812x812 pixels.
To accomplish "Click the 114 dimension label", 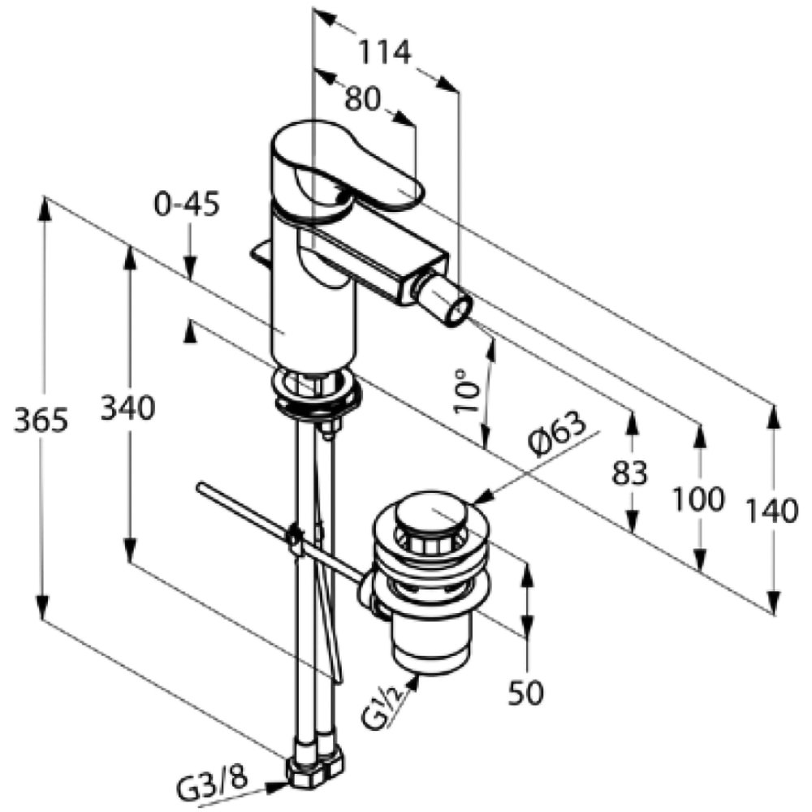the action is point(385,52).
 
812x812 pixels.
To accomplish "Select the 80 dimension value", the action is point(362,98).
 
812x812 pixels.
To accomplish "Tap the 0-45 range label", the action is point(187,204).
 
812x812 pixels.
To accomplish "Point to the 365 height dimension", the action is point(41,420).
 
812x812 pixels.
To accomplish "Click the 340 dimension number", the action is point(127,407).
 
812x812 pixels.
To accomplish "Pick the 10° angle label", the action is point(467,391).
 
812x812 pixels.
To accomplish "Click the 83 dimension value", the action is point(630,473).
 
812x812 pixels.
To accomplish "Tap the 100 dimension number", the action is point(698,499).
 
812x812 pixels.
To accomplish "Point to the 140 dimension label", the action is point(771,511).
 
